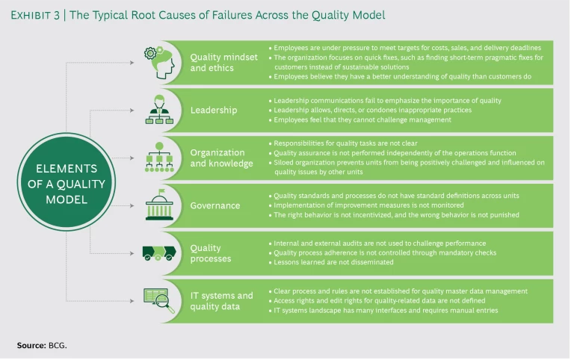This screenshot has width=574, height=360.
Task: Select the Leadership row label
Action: tap(214, 110)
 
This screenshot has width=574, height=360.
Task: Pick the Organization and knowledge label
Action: tap(222, 158)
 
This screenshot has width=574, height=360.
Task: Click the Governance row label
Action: tap(215, 205)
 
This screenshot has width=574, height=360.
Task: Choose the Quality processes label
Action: tap(212, 253)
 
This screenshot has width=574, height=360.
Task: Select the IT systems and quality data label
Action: tap(222, 301)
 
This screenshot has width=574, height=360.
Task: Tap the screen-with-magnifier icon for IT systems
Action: tap(159, 301)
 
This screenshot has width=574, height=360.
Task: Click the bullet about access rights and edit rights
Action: tap(377, 301)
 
